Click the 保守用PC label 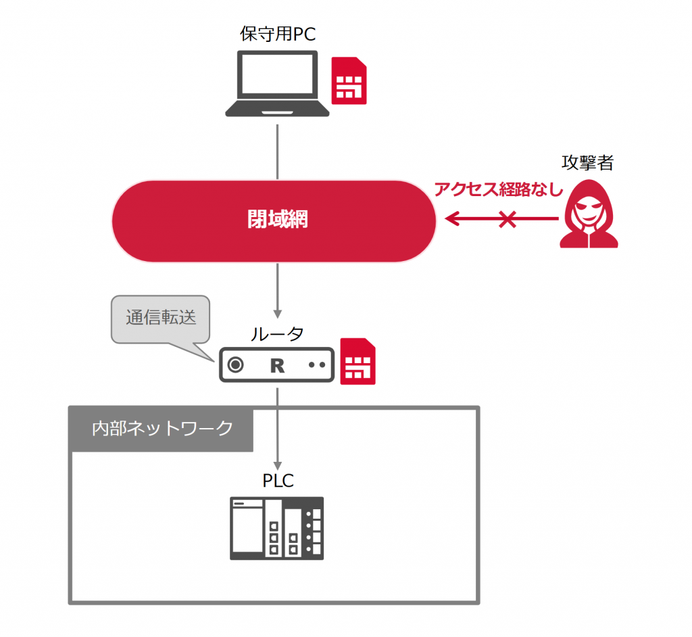click(x=277, y=34)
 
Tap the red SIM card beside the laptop click(x=349, y=81)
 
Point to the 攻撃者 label click(x=587, y=163)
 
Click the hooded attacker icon click(x=589, y=217)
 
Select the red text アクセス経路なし click(x=498, y=189)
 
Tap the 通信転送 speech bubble click(x=161, y=317)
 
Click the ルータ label click(x=277, y=333)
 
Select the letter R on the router click(x=277, y=365)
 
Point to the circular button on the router click(x=235, y=365)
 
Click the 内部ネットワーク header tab click(x=162, y=429)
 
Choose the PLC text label click(x=278, y=481)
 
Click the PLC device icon click(x=277, y=528)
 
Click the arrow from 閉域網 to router click(x=277, y=291)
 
